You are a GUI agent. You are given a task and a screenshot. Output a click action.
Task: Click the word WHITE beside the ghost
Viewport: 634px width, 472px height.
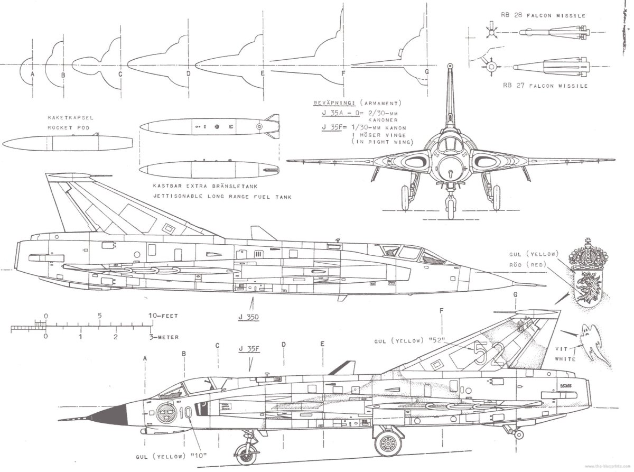[565, 359]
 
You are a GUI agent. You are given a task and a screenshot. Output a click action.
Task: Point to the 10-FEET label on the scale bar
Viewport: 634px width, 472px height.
[163, 316]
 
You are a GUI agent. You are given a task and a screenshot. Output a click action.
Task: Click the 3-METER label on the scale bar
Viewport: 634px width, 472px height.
[164, 337]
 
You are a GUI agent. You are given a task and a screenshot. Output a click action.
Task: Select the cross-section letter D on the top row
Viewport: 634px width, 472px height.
[188, 74]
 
